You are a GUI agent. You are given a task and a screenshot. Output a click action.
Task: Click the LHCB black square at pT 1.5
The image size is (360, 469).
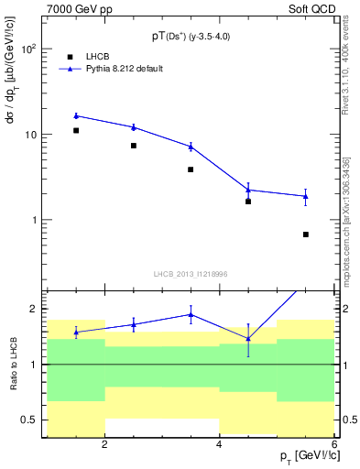76,131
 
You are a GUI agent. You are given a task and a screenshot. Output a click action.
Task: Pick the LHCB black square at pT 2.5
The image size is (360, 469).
134,146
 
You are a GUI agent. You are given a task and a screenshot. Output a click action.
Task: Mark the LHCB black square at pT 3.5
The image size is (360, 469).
191,169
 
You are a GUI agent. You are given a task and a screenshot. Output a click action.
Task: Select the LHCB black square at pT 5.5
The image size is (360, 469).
306,234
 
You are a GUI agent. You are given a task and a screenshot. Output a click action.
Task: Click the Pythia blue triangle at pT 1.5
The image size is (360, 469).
76,115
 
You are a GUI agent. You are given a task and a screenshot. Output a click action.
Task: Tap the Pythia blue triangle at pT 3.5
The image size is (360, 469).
191,146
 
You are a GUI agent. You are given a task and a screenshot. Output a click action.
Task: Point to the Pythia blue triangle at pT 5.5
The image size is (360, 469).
306,196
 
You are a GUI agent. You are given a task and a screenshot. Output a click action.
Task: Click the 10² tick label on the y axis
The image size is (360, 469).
28,49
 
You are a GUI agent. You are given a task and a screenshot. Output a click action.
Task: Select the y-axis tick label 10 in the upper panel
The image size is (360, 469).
30,135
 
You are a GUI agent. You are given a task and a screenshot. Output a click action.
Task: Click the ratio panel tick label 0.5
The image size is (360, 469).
29,420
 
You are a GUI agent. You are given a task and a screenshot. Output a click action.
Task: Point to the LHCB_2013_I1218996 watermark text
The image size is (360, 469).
190,274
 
